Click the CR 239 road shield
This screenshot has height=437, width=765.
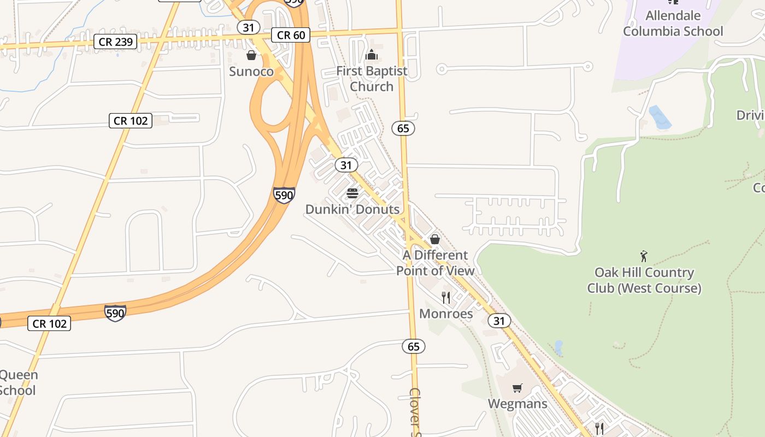(x=115, y=42)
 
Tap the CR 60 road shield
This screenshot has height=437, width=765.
(x=291, y=36)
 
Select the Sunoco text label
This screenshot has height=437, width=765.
(x=251, y=72)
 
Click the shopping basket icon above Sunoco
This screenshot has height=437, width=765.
(x=251, y=55)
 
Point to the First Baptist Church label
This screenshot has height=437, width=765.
(x=372, y=79)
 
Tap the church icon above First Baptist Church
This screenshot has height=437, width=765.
(x=372, y=55)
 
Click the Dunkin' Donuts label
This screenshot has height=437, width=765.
(x=352, y=209)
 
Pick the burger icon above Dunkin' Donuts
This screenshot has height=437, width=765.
(x=352, y=193)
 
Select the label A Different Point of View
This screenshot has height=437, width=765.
(x=435, y=263)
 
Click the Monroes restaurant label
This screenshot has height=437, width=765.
(x=446, y=314)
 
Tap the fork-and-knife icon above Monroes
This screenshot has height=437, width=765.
(x=446, y=297)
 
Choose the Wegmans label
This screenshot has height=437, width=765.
(x=517, y=404)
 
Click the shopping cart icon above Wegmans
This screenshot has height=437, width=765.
(x=517, y=388)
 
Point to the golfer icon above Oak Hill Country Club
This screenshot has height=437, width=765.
(x=644, y=256)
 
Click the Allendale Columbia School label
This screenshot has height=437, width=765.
(x=673, y=23)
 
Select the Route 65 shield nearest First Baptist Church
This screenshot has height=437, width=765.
(x=403, y=128)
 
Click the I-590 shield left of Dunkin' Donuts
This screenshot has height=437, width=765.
(x=284, y=195)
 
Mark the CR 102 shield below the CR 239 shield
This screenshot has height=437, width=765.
(x=131, y=121)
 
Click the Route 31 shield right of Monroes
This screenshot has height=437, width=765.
(x=499, y=321)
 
